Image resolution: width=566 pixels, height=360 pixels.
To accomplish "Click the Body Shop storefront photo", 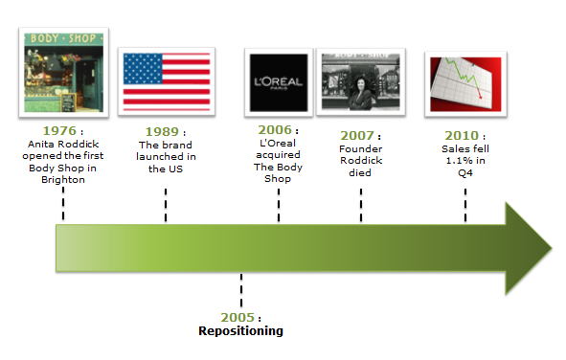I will point(63,72).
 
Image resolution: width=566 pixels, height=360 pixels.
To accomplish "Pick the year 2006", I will point(274,129).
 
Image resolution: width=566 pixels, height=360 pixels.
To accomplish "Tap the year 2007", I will point(357,135).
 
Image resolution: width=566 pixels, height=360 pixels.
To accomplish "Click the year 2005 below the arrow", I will point(237,317).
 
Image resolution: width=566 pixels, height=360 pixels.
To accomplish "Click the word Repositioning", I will point(241,331).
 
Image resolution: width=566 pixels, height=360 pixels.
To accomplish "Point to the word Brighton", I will point(63,179).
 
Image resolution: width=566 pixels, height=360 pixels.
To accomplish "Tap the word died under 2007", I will point(361,173).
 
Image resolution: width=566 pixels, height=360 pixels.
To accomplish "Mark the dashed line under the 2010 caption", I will point(465,204).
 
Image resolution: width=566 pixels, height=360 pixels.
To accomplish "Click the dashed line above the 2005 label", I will point(241,288).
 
